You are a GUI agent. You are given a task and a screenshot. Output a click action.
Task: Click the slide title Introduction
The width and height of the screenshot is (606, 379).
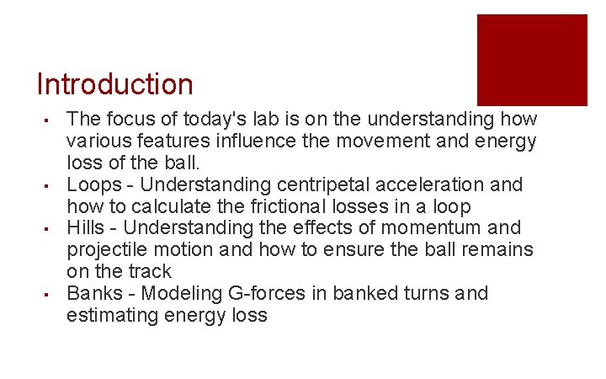point(115,84)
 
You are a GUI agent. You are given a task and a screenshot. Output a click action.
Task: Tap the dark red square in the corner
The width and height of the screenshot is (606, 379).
point(532,59)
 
